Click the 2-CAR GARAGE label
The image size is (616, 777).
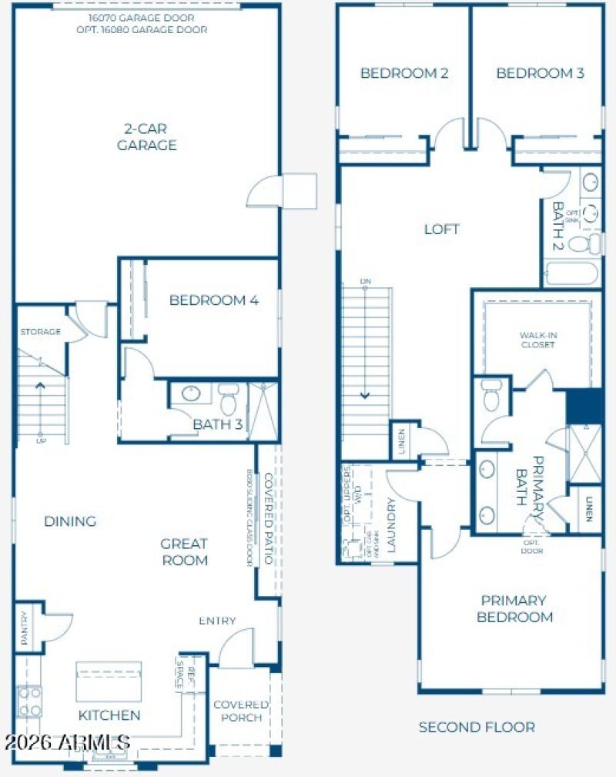pos(146,137)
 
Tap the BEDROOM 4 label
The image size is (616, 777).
pos(214,300)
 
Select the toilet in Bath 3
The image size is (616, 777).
pos(229,399)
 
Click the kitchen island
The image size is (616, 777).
pos(109,681)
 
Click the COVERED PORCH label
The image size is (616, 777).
pos(241,711)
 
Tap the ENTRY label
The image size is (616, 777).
pos(217,621)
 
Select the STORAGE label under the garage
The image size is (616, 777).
pos(40,332)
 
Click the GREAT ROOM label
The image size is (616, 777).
pos(184,552)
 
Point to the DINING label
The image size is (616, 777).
pos(69,521)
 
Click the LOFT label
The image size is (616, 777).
pos(442,229)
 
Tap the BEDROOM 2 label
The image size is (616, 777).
pos(404,73)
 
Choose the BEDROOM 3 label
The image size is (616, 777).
pos(540,73)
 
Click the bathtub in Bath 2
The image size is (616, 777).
pos(571,273)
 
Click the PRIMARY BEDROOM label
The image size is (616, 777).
pos(514,608)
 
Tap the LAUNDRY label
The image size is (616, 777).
pos(392,527)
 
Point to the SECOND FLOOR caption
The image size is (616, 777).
pos(477,726)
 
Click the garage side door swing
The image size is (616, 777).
pos(269,191)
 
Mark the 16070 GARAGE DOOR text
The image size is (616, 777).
pos(146,17)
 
